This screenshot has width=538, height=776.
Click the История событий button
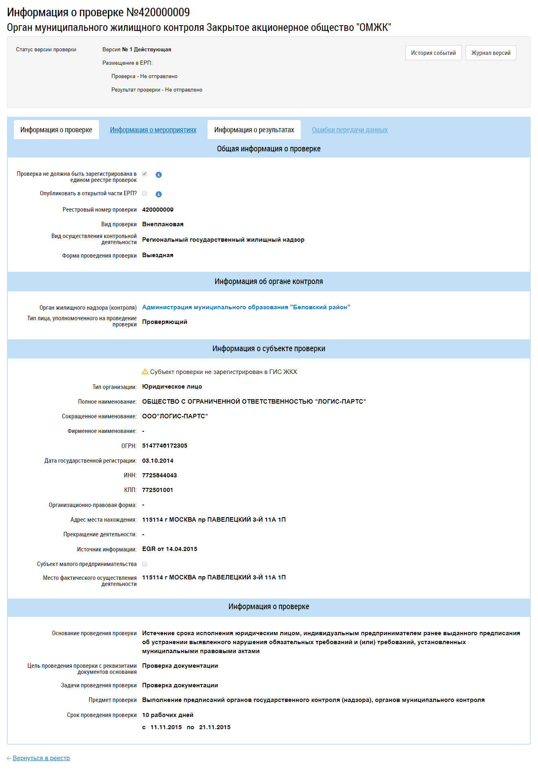tap(433, 53)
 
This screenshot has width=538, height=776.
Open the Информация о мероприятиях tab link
tap(153, 130)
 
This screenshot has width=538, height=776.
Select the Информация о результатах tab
tap(254, 130)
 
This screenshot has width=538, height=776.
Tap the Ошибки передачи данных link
tap(350, 130)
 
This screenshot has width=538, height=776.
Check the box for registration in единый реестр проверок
tap(144, 174)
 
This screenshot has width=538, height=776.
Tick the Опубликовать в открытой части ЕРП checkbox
tap(144, 193)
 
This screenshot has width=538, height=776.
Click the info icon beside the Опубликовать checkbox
tap(159, 194)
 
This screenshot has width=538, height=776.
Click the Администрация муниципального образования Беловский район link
tap(246, 307)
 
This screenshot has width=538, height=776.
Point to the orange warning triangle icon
tap(145, 372)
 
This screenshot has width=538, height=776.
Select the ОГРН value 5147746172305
tap(164, 446)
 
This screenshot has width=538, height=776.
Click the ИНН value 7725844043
tap(159, 475)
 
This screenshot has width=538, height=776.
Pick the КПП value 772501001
tap(157, 490)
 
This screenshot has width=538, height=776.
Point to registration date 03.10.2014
tap(157, 461)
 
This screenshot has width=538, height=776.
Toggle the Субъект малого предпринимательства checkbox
tap(144, 564)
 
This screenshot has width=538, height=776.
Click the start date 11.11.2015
tap(166, 727)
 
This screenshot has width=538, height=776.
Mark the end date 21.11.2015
tap(214, 727)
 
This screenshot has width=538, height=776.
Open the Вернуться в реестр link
tap(41, 758)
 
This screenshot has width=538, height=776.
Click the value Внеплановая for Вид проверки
tap(162, 224)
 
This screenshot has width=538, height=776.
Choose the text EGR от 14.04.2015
tap(169, 549)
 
